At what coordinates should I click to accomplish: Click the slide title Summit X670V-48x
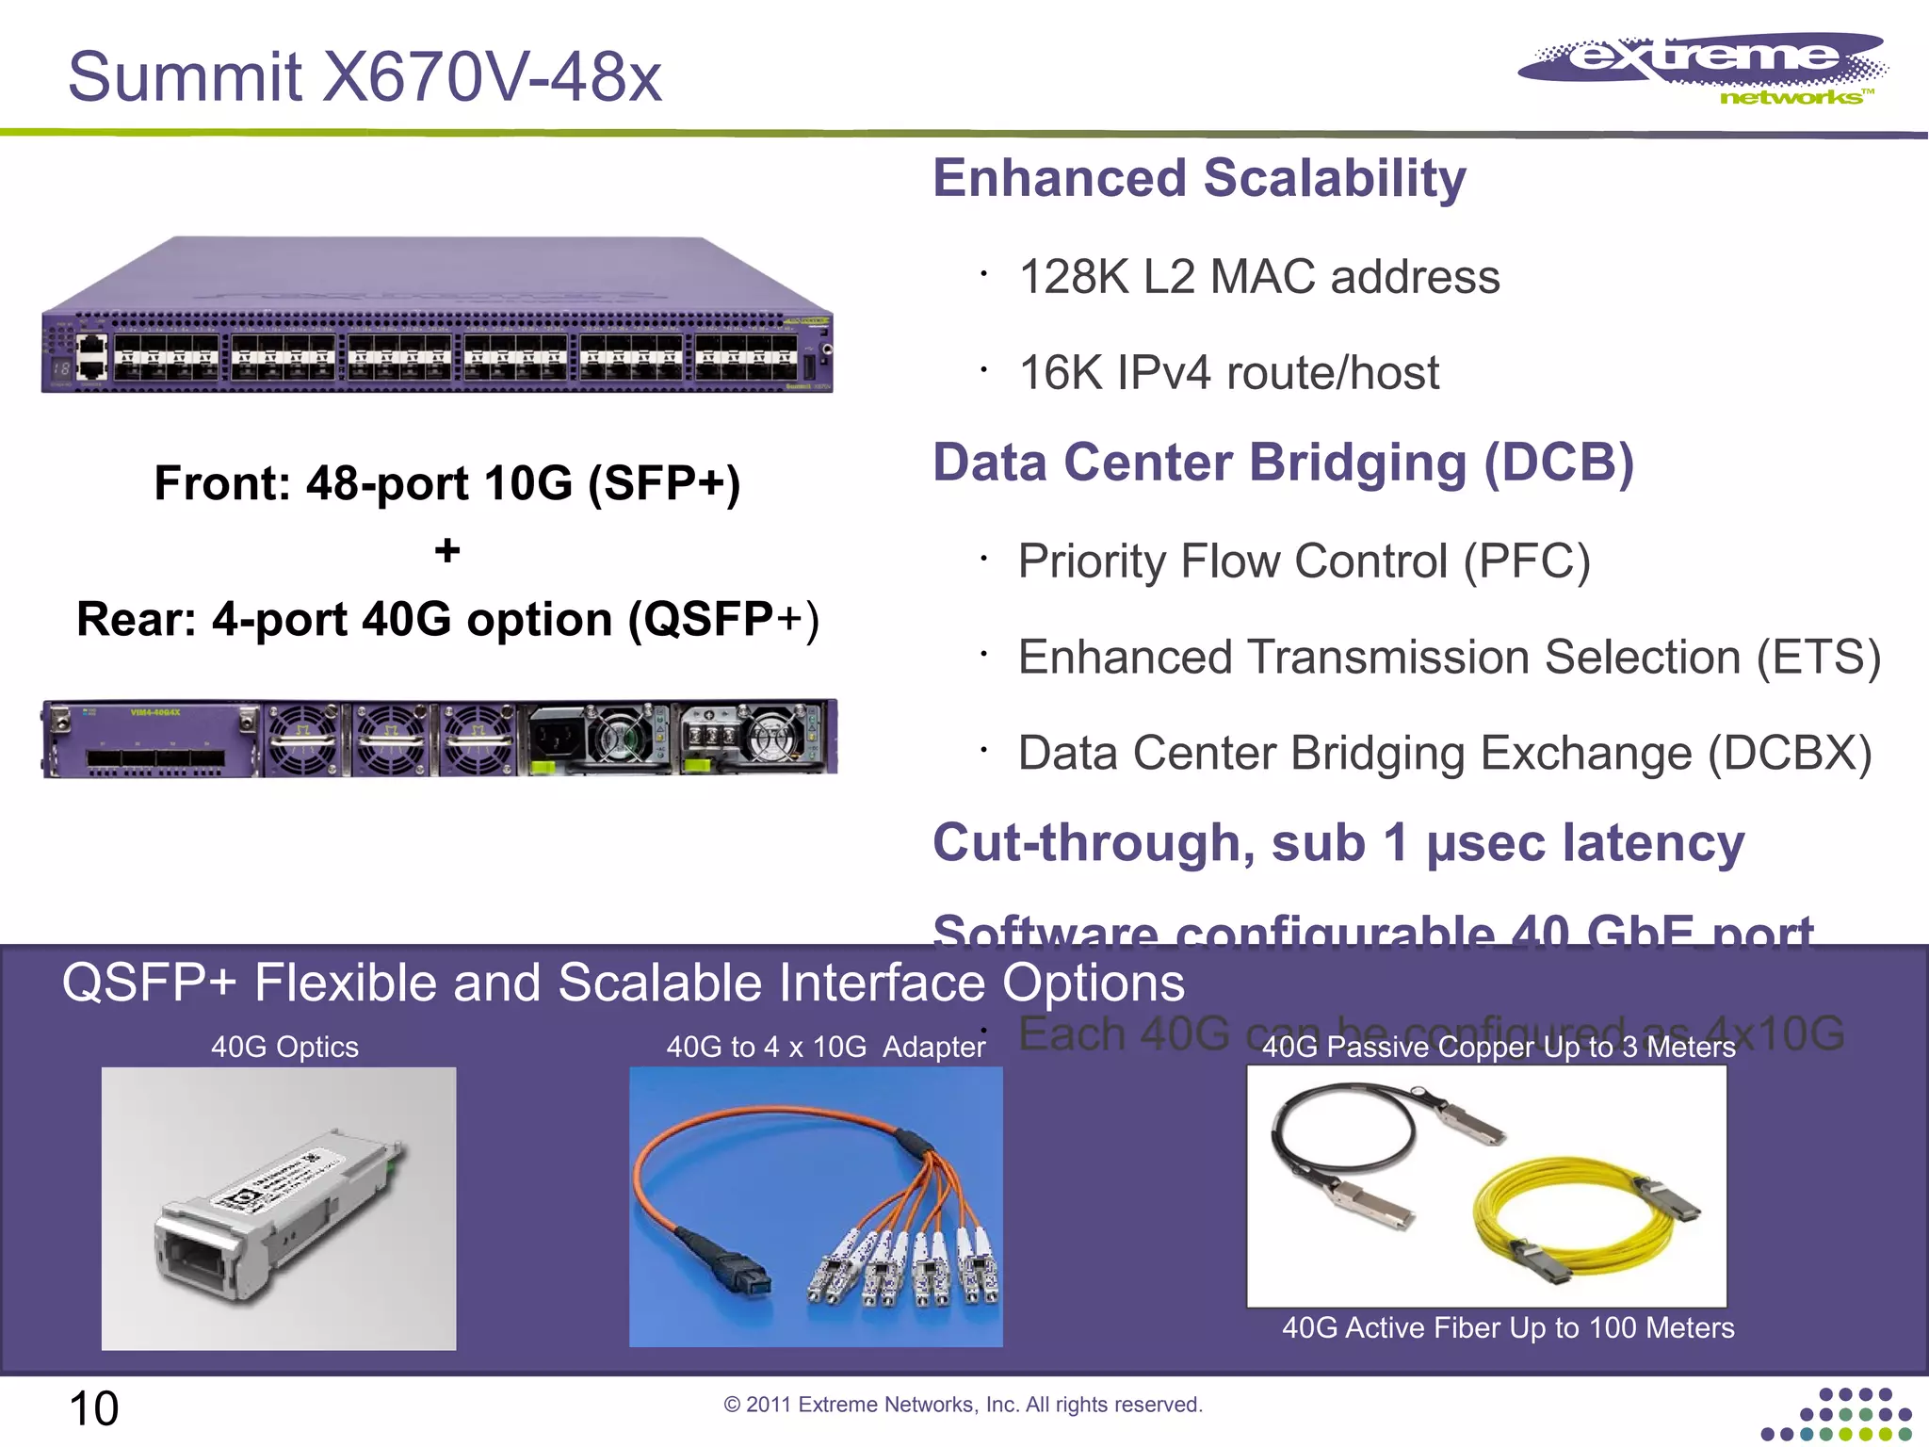click(x=365, y=77)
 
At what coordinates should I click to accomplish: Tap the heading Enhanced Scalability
click(x=1199, y=179)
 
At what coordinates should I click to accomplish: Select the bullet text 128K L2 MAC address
click(x=1258, y=277)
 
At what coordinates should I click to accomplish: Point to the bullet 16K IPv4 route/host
click(x=1228, y=373)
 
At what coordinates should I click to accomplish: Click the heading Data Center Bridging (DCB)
click(x=1283, y=463)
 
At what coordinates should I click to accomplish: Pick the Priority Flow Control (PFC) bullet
click(x=1304, y=562)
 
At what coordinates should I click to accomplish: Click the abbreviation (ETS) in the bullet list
click(x=1818, y=658)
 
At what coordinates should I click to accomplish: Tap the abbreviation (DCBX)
click(x=1789, y=754)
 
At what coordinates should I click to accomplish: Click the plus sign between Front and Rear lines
click(x=447, y=550)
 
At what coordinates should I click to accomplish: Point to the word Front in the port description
click(x=222, y=484)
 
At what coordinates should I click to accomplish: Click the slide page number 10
click(x=93, y=1409)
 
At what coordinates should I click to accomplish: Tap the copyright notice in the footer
click(x=963, y=1405)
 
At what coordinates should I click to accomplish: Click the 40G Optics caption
click(x=284, y=1047)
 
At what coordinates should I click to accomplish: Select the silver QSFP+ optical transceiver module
click(x=273, y=1215)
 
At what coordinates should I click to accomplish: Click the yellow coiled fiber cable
click(x=1564, y=1215)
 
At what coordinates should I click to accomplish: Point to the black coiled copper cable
click(x=1337, y=1130)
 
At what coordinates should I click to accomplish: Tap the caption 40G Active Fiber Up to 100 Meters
click(x=1507, y=1328)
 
